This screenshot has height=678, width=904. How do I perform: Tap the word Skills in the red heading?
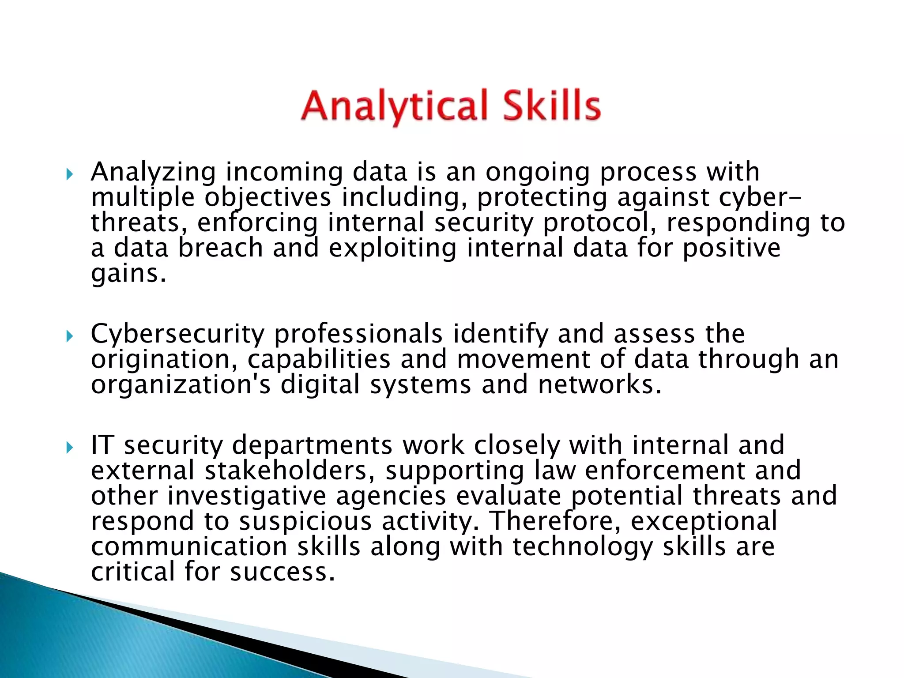551,106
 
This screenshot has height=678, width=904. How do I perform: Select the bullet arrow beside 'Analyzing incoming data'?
69,175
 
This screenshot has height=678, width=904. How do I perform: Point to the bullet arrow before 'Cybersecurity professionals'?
69,337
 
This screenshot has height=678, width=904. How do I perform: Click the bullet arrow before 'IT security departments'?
69,448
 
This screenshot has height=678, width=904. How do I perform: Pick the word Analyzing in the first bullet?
153,172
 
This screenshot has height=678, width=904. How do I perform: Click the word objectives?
267,197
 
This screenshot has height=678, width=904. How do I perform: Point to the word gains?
128,274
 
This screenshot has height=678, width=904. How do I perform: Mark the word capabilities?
319,359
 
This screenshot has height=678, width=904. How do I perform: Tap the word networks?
600,384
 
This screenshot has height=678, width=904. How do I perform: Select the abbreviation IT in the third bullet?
102,445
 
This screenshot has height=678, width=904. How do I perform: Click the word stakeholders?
286,471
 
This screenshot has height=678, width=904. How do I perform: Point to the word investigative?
247,496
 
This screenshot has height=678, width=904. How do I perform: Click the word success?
282,572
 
